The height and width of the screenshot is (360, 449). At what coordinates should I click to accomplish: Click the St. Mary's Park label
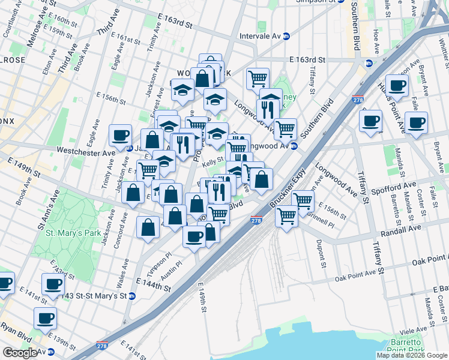click(62, 233)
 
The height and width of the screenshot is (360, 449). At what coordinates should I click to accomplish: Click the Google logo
click(20, 352)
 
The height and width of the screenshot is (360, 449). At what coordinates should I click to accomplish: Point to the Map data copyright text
click(412, 355)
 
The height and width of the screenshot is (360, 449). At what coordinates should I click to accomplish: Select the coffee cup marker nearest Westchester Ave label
click(121, 137)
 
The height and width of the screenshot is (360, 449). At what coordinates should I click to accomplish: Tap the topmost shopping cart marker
click(258, 78)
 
